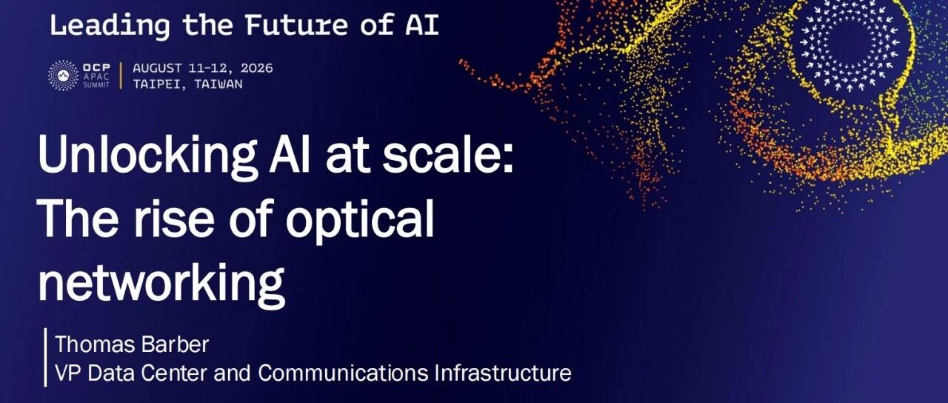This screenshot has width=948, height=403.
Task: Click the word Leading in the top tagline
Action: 110,25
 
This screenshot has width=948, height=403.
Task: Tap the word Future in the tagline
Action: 296,24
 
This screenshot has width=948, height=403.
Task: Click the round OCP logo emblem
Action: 63,76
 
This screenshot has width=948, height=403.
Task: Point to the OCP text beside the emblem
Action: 96,67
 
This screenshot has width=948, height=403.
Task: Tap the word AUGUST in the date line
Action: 158,68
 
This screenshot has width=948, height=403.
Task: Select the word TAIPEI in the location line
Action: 158,84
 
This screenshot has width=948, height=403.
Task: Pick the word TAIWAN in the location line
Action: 218,84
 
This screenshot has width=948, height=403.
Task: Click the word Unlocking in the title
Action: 148,156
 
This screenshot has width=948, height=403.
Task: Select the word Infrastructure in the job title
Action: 503,373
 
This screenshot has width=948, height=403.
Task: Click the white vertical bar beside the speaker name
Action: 45,357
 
